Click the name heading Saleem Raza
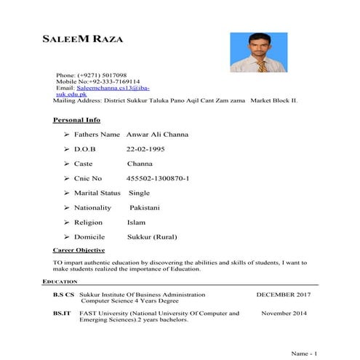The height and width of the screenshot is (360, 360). [x=84, y=39]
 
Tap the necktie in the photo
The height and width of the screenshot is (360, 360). [x=260, y=65]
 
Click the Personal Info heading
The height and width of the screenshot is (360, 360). [x=77, y=120]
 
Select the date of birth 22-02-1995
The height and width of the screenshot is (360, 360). [x=145, y=149]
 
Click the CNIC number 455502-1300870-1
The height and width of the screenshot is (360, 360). [x=158, y=178]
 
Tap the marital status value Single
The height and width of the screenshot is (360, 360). [x=139, y=193]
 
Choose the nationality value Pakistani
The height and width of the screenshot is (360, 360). [x=144, y=207]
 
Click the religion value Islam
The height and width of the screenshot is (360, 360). [x=137, y=222]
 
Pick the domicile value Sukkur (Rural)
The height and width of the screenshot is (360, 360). [x=152, y=236]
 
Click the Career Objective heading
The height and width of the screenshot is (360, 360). [x=79, y=250]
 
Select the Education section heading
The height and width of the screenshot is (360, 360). [x=60, y=281]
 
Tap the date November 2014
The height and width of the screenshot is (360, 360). [x=284, y=313]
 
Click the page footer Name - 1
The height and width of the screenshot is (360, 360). [x=304, y=353]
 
